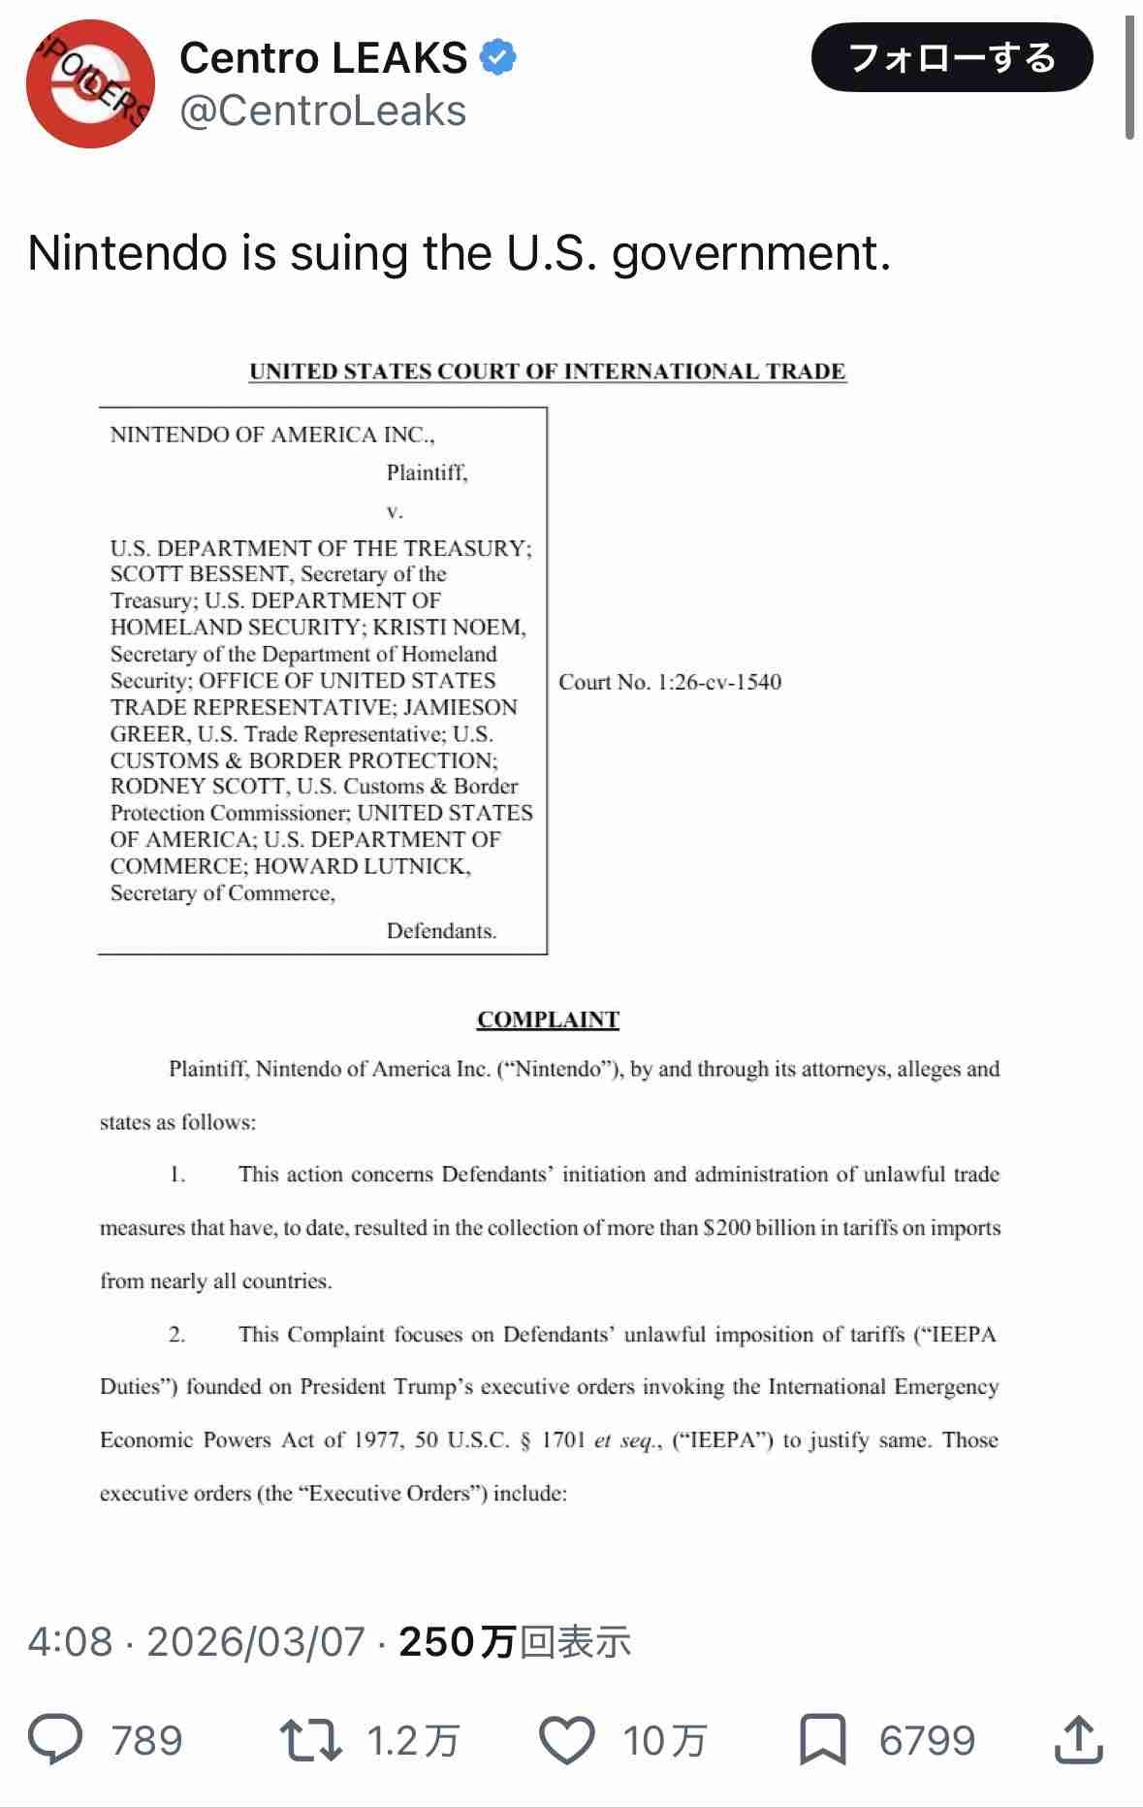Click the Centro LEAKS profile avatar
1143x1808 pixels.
tap(90, 84)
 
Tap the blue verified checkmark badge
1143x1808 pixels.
tap(498, 58)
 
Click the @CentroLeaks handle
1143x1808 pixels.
tap(323, 112)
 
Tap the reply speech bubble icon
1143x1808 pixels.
tap(55, 1739)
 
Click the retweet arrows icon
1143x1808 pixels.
tap(310, 1739)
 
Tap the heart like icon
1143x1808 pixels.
tap(567, 1739)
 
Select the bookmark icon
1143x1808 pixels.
tap(822, 1739)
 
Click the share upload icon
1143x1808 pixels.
tap(1078, 1739)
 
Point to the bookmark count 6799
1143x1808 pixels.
tap(927, 1740)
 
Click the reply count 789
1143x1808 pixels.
tap(146, 1740)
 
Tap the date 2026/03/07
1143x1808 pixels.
tap(256, 1641)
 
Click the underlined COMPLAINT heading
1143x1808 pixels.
tap(548, 1019)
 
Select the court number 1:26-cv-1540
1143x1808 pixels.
tap(719, 682)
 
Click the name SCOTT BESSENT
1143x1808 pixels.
tap(200, 574)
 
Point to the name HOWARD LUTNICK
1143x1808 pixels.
tap(363, 866)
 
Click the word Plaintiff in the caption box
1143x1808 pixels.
tap(426, 472)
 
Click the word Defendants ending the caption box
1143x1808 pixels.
tap(441, 931)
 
